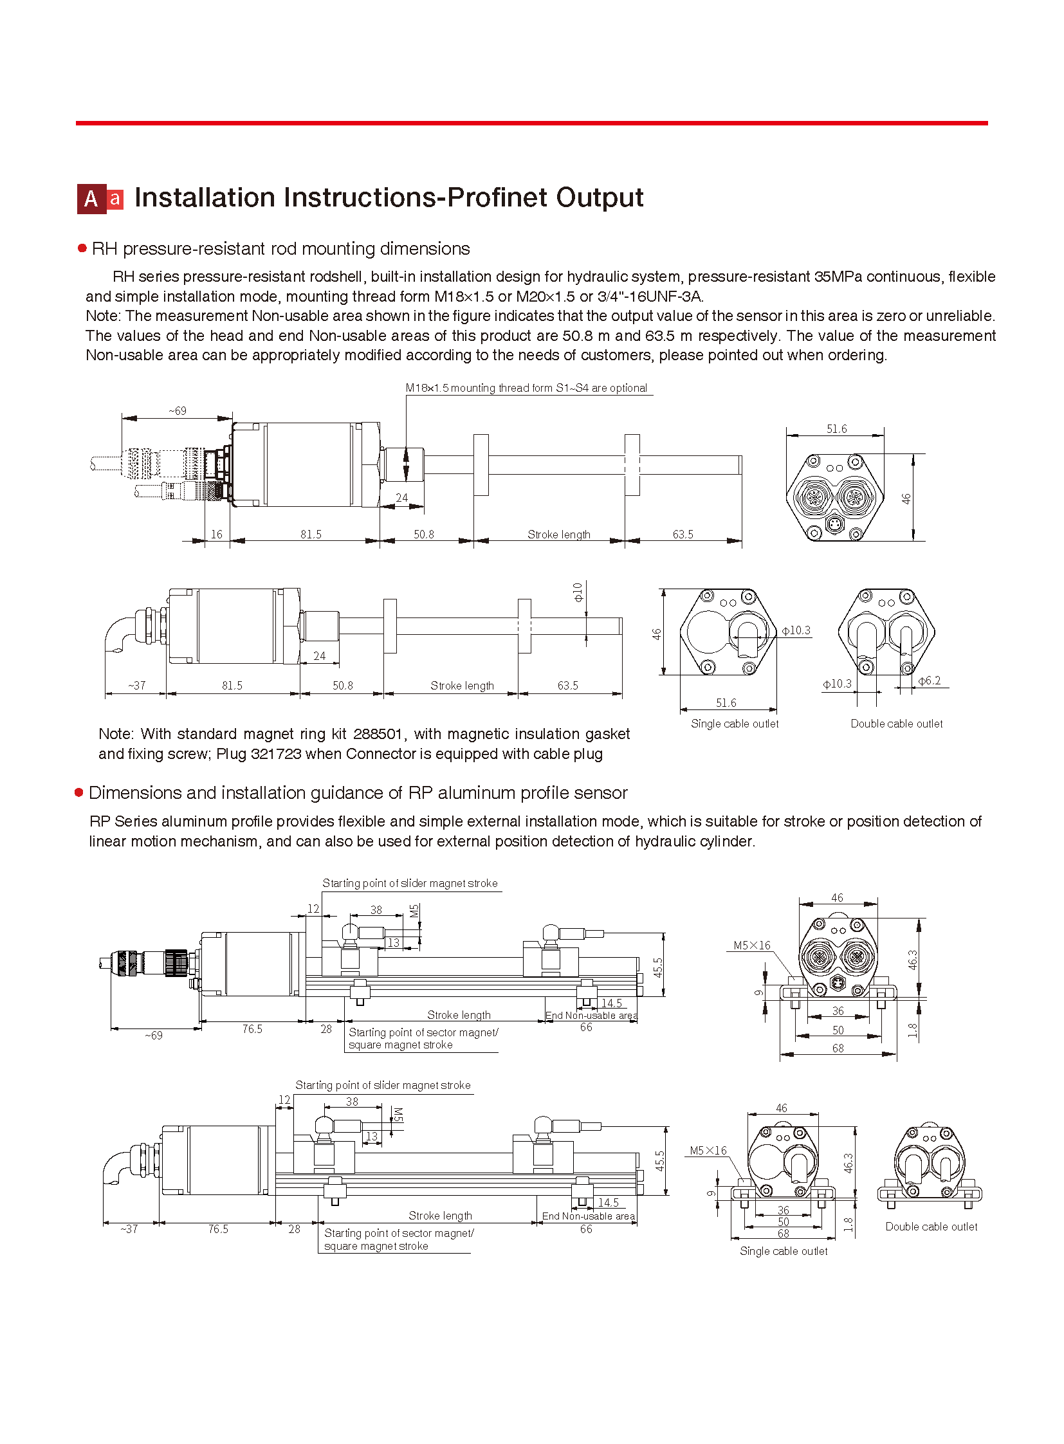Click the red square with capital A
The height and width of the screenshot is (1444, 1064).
(91, 199)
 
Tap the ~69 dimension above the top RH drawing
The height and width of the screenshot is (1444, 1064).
(178, 411)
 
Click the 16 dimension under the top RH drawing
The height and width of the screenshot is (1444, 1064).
(216, 535)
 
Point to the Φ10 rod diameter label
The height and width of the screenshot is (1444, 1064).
(578, 592)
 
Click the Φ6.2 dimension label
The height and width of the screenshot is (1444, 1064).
(930, 681)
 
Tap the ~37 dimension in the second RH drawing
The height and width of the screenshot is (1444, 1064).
(136, 686)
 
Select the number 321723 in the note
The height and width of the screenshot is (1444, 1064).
(276, 754)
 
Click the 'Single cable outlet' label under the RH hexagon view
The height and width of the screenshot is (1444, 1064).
(735, 724)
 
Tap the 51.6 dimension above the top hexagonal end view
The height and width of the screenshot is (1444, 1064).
(837, 429)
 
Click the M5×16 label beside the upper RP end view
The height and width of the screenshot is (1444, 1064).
(751, 946)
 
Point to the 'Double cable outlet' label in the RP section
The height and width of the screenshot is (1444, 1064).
(931, 1227)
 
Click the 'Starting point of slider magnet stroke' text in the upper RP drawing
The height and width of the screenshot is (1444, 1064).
(410, 884)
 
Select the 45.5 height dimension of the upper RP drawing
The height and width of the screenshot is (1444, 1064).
(658, 967)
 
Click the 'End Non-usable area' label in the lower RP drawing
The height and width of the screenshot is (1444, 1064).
(588, 1217)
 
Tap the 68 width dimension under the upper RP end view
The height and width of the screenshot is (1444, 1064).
(838, 1048)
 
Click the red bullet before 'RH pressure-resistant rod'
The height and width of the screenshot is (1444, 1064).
(82, 249)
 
